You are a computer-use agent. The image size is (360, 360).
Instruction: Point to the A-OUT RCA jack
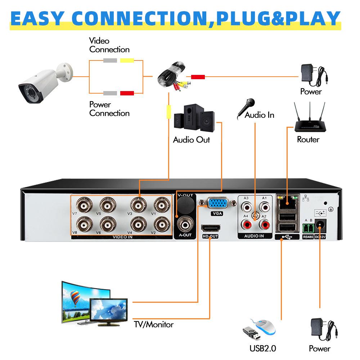[x=186, y=225]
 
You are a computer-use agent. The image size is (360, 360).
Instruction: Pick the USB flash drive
[x=252, y=333]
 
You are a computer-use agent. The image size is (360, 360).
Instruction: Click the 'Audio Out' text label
[x=191, y=140]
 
